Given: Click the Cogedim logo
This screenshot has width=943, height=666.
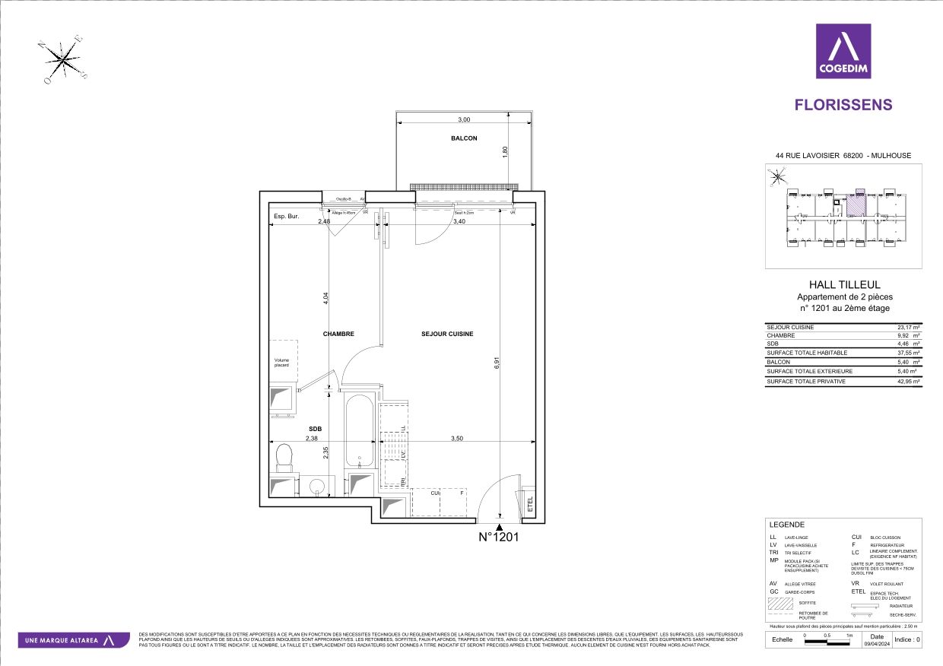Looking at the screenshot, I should [843, 51].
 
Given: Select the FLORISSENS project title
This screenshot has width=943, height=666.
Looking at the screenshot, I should [843, 105].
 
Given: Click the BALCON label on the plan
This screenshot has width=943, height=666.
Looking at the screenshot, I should [463, 138].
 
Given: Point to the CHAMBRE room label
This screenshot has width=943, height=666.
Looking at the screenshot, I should [338, 334].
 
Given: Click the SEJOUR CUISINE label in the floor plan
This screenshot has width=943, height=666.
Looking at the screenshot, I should [448, 334].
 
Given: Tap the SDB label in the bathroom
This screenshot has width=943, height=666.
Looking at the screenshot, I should [315, 429].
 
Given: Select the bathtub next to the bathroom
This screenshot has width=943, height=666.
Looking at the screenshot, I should [358, 431].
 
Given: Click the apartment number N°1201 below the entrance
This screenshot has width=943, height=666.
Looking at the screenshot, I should [498, 538].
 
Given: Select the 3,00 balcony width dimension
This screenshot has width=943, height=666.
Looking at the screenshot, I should [464, 119].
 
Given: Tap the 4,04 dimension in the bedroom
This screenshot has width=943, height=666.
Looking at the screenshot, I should [326, 298].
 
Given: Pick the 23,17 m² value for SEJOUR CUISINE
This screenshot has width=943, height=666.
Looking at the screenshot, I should [909, 327].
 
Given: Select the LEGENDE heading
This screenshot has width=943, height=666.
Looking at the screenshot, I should [786, 525].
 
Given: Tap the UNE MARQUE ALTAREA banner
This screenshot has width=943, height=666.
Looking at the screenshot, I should [73, 640].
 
